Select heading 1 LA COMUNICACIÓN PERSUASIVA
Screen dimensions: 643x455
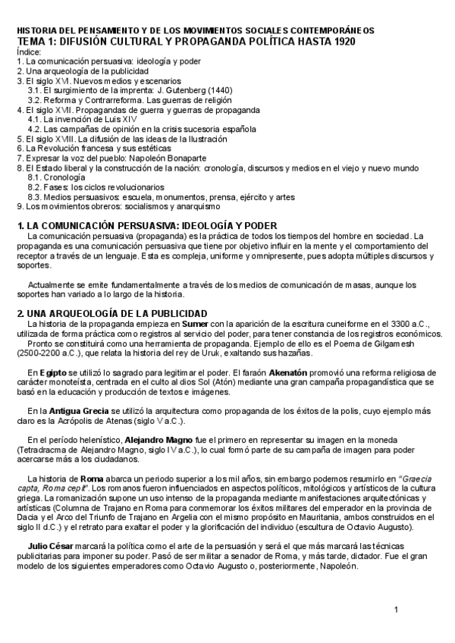click(147, 226)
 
